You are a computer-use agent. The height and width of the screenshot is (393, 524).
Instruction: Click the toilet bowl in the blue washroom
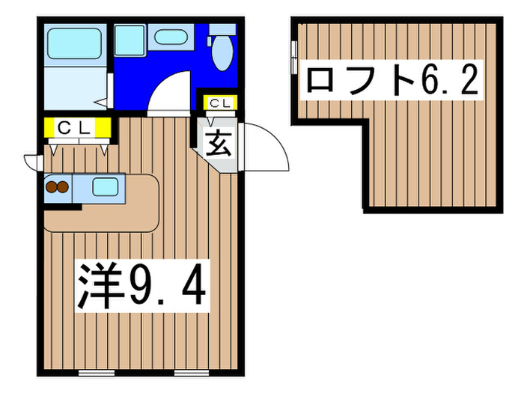pos(222,53)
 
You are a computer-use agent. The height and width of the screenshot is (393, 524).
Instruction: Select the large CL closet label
pos(75,128)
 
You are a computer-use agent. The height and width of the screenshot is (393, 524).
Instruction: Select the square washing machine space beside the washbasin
pos(129,40)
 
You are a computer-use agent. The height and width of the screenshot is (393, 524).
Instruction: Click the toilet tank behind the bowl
pos(222,29)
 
